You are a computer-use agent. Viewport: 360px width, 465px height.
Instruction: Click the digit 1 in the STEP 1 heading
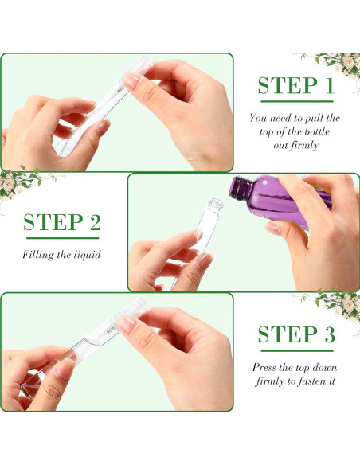click(329, 86)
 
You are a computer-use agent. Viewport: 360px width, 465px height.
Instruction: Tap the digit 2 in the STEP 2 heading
click(96, 222)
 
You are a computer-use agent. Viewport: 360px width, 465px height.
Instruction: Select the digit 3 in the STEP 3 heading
click(330, 334)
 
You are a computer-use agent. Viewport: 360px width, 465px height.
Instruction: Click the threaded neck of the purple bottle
click(241, 189)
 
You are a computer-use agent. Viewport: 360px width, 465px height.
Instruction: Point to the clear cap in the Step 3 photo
click(132, 311)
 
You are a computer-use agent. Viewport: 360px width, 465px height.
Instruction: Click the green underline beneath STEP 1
click(297, 101)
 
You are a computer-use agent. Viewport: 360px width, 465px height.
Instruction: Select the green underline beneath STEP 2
click(63, 238)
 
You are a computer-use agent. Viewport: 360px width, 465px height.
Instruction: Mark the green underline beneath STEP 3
click(297, 351)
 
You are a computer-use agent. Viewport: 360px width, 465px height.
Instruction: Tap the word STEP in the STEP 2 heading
click(53, 222)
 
